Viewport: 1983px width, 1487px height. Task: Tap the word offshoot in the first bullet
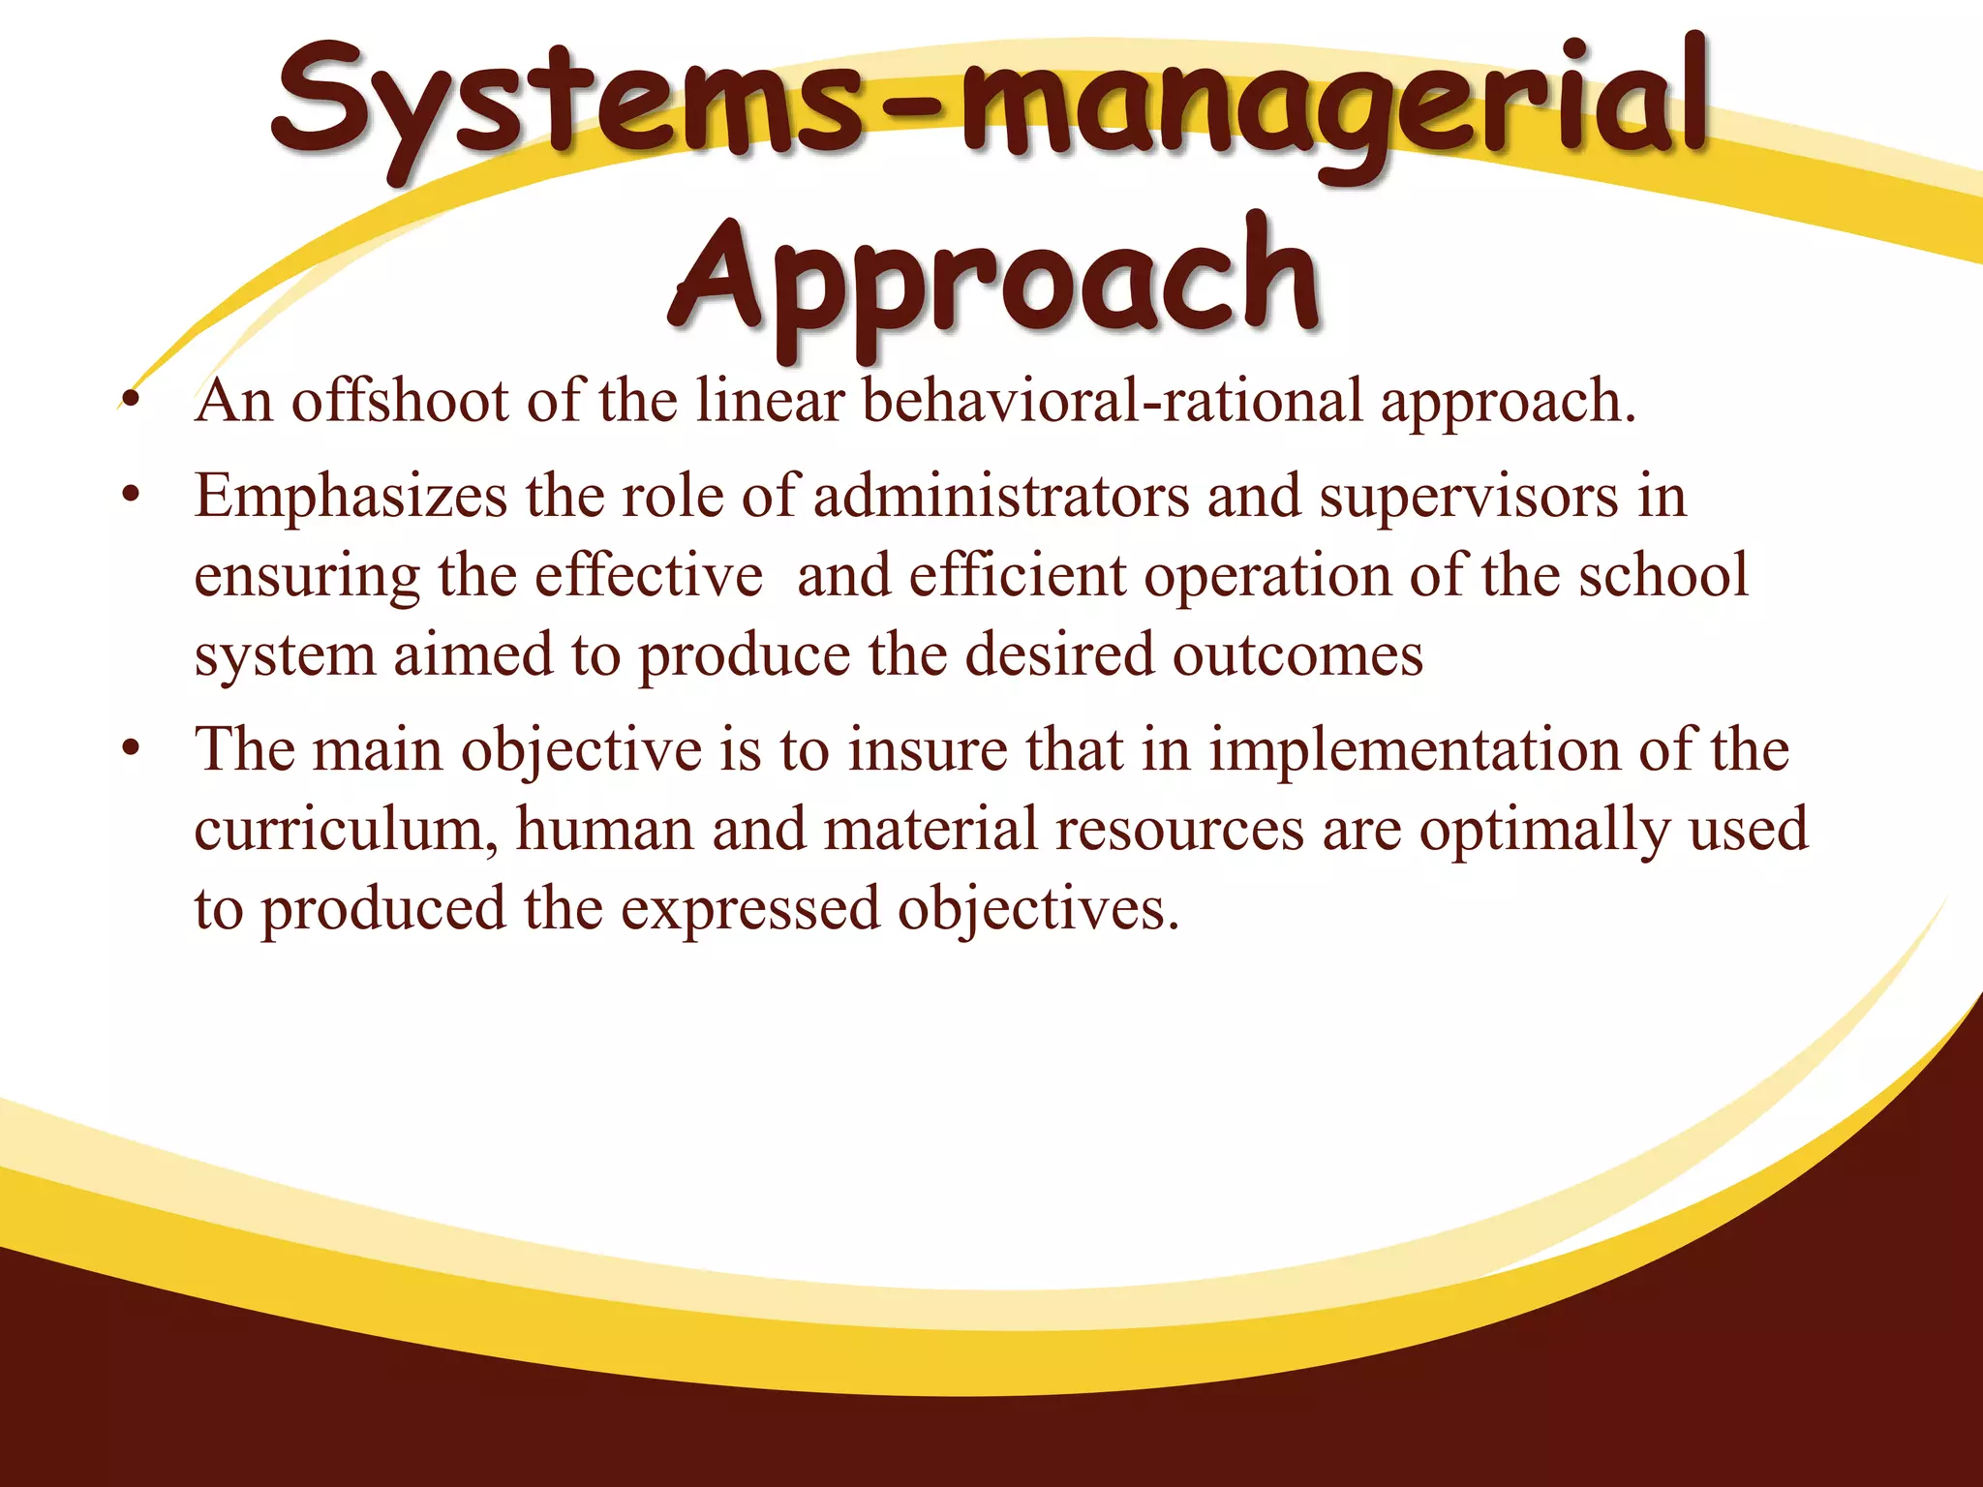tap(400, 402)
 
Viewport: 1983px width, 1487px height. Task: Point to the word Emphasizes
tap(351, 498)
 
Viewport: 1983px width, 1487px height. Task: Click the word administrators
tap(1001, 498)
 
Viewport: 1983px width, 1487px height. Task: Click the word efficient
tap(1018, 576)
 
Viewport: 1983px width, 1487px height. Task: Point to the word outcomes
tap(1297, 656)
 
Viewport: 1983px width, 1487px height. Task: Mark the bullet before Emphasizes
tap(132, 498)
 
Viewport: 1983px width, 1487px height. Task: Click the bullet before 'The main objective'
tap(132, 750)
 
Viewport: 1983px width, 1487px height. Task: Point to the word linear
tap(771, 402)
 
